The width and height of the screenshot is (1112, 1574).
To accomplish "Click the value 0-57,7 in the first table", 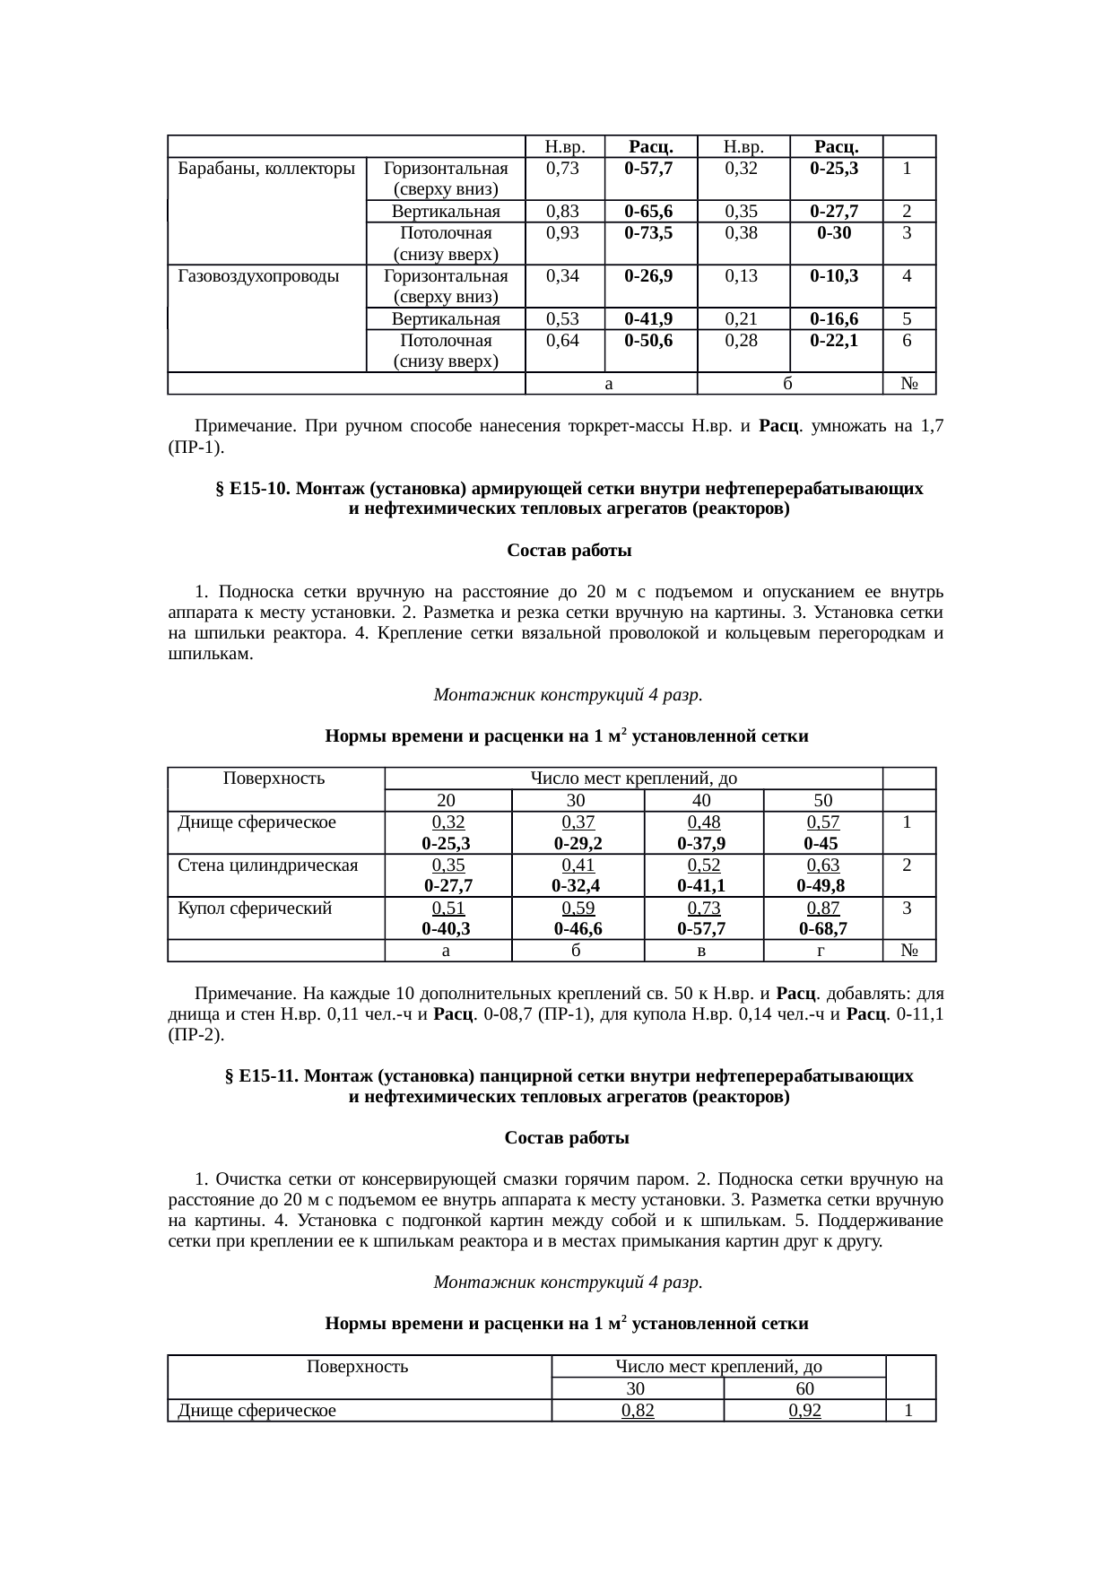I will (650, 168).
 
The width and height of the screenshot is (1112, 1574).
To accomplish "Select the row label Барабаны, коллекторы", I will (265, 168).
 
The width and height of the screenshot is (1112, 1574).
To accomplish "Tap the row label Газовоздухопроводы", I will (259, 275).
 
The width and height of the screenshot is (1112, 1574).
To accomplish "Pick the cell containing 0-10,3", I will (834, 275).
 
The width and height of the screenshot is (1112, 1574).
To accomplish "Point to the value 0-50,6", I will (650, 340).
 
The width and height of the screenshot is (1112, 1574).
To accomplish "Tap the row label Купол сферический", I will (255, 908).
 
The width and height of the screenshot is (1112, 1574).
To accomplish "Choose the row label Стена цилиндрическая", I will (268, 865).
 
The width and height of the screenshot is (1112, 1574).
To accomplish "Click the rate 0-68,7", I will (822, 929).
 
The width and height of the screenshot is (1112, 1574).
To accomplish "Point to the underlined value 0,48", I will (704, 822).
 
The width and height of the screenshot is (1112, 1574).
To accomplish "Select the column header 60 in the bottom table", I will (804, 1388).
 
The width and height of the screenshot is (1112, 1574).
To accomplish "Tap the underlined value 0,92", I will (804, 1410).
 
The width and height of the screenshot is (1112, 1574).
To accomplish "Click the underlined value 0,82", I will (638, 1410).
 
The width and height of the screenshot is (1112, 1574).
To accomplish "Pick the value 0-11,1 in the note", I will (917, 1014).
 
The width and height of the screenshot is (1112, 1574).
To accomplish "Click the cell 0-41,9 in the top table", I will (650, 318).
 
